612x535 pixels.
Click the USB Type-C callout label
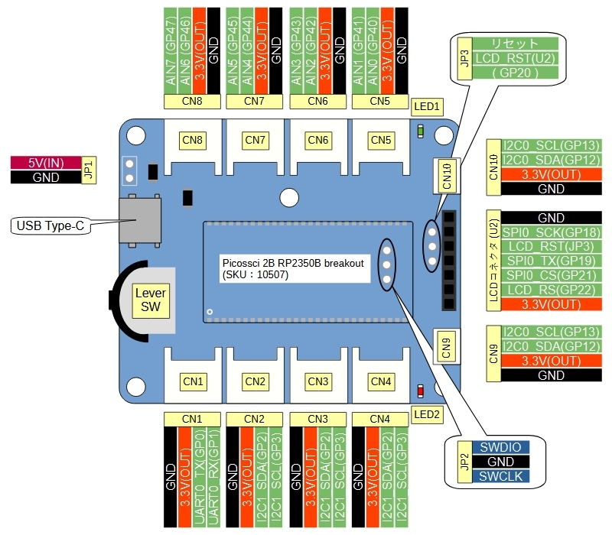(49, 225)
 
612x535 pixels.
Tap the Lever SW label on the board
(150, 300)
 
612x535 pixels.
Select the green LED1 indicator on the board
(421, 131)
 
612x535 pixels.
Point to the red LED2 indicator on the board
(420, 392)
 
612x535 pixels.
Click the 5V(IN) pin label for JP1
(45, 163)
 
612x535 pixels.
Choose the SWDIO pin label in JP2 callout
(500, 448)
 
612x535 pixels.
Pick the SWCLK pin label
(500, 476)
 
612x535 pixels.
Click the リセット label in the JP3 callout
(516, 44)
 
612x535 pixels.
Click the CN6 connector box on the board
(318, 140)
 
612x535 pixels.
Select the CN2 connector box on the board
(256, 381)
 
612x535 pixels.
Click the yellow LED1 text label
(426, 106)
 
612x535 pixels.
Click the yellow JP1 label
(88, 170)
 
